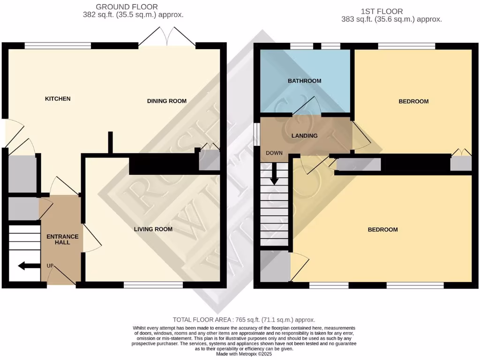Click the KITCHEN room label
(58, 99)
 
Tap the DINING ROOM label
(167, 101)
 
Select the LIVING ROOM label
(153, 229)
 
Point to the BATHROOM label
(304, 81)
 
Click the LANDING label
(304, 136)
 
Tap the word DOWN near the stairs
(274, 153)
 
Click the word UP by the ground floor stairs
(50, 266)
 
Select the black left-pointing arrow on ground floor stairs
(29, 266)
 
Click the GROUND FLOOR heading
(127, 7)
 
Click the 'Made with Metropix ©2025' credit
(240, 354)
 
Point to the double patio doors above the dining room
(167, 37)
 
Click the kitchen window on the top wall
(58, 46)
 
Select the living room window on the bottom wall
(153, 285)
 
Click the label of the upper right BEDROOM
(413, 101)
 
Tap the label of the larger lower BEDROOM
(382, 230)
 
